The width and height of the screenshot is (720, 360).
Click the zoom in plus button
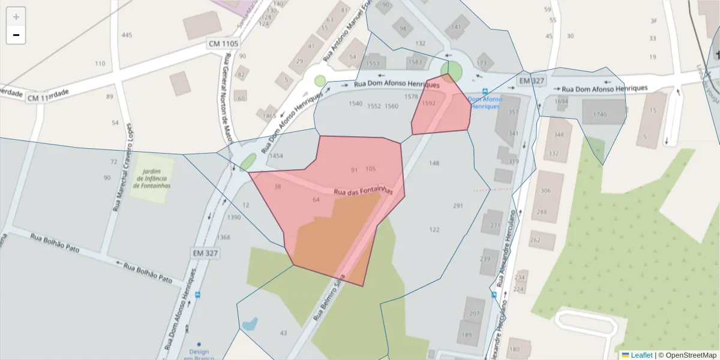point(16,16)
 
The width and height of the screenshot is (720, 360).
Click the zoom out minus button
point(16,35)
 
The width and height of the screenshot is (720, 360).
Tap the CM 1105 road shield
point(224,44)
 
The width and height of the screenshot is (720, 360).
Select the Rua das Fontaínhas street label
point(362,191)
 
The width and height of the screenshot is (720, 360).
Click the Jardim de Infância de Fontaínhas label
point(153,178)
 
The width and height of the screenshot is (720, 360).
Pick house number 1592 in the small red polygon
point(428,103)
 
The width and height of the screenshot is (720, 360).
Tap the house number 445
point(127,35)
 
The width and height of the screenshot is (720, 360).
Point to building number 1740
point(599,114)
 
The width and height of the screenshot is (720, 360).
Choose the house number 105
point(370,169)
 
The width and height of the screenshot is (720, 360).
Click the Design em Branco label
point(198,354)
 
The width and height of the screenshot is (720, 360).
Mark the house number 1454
point(276,156)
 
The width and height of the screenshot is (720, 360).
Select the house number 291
point(458,206)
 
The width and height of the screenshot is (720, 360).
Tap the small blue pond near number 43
point(249,325)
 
